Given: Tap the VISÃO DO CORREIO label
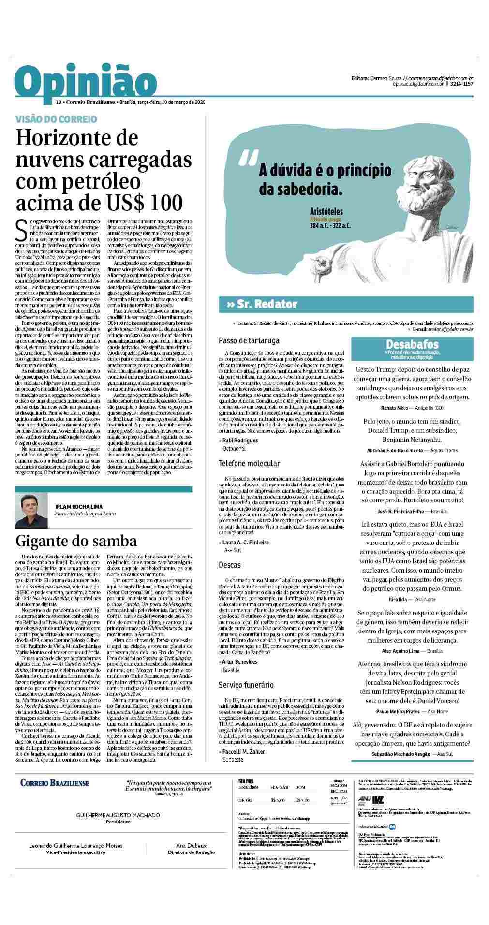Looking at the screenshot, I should [x=56, y=119].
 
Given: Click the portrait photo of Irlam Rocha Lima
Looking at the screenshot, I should [x=31, y=510].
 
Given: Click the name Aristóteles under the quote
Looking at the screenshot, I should [x=327, y=211].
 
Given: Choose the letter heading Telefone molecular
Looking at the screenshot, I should [x=249, y=463].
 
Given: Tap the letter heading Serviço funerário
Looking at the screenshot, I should [x=246, y=685].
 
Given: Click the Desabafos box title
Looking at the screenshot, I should [x=412, y=344].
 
